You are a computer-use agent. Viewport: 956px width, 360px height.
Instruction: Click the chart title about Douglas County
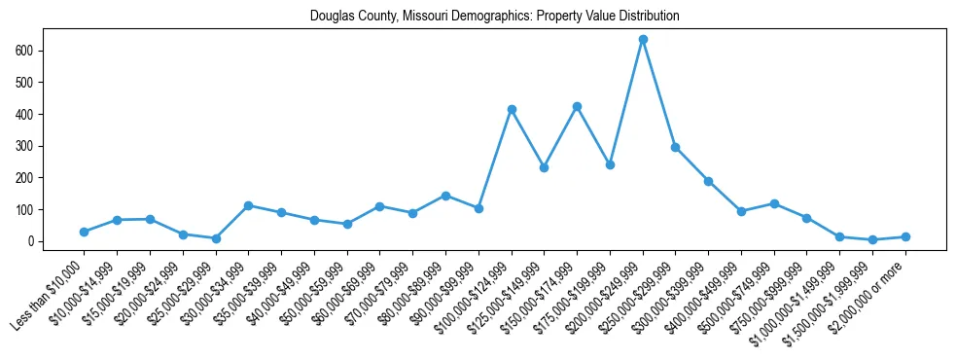click(x=494, y=17)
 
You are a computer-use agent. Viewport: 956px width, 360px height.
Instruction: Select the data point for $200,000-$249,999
click(x=643, y=40)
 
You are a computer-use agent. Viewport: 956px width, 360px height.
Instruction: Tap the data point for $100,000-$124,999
click(x=512, y=110)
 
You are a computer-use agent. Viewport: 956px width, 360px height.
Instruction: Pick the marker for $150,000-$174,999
click(x=577, y=106)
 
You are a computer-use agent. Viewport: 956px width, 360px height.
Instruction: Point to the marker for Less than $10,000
click(x=84, y=232)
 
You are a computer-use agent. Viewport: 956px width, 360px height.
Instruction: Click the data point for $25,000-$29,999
click(x=216, y=238)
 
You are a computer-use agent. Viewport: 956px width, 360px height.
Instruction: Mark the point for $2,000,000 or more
click(x=905, y=236)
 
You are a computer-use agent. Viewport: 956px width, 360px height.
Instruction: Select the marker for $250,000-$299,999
click(x=675, y=147)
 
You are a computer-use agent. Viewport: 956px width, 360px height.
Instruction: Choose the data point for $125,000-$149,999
click(x=544, y=167)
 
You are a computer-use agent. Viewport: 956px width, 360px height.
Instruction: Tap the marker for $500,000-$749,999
click(x=774, y=203)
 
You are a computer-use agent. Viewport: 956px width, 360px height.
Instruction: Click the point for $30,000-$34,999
click(x=249, y=205)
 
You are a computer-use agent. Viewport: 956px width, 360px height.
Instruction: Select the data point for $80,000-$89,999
click(x=445, y=196)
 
